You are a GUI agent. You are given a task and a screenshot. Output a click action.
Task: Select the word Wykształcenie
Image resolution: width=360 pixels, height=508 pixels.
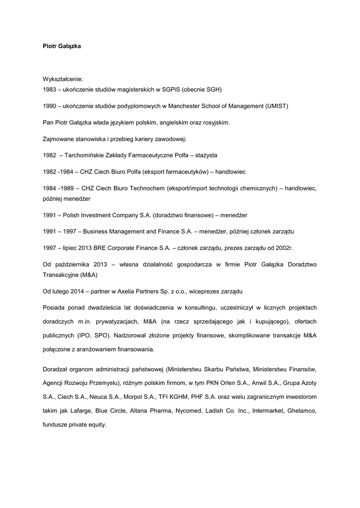pos(63,78)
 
